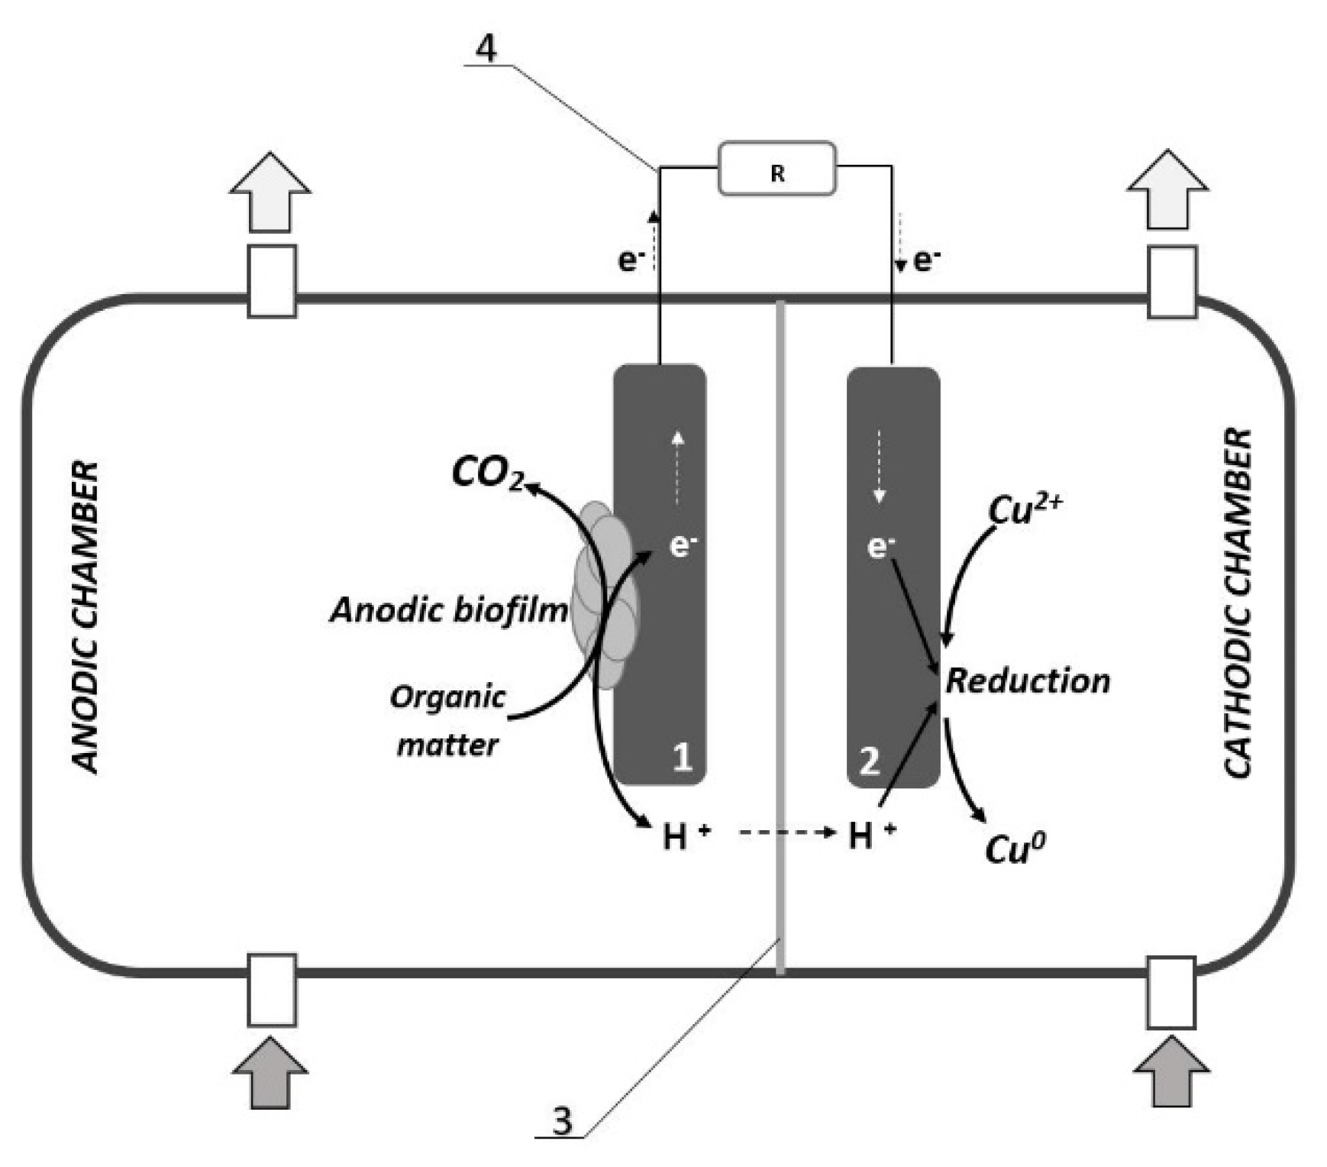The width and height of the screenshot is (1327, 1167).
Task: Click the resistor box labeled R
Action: (777, 169)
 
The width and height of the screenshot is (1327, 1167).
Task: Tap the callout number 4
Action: (486, 49)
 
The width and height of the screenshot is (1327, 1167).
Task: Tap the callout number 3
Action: (561, 1121)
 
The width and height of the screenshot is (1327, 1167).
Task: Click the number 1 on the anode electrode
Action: (681, 758)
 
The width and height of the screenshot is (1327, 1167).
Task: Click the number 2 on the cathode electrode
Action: (869, 761)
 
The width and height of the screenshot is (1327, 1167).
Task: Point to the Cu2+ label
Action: (1023, 509)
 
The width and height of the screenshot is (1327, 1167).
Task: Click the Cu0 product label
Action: (1015, 848)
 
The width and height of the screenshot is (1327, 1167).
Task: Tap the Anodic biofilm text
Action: (449, 610)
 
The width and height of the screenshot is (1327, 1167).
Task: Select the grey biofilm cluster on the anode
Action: (605, 596)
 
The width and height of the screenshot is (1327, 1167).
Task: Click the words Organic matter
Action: (447, 720)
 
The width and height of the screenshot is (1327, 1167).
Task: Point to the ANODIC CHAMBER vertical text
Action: (86, 617)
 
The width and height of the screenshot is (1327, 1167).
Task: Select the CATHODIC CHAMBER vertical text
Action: (1238, 603)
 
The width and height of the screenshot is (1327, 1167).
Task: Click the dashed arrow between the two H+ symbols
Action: (786, 832)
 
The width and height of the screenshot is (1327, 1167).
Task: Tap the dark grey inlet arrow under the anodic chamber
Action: (270, 1071)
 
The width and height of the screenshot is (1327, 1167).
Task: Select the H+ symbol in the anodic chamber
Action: (685, 836)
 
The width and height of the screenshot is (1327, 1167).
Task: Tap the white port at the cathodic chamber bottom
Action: (1170, 992)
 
